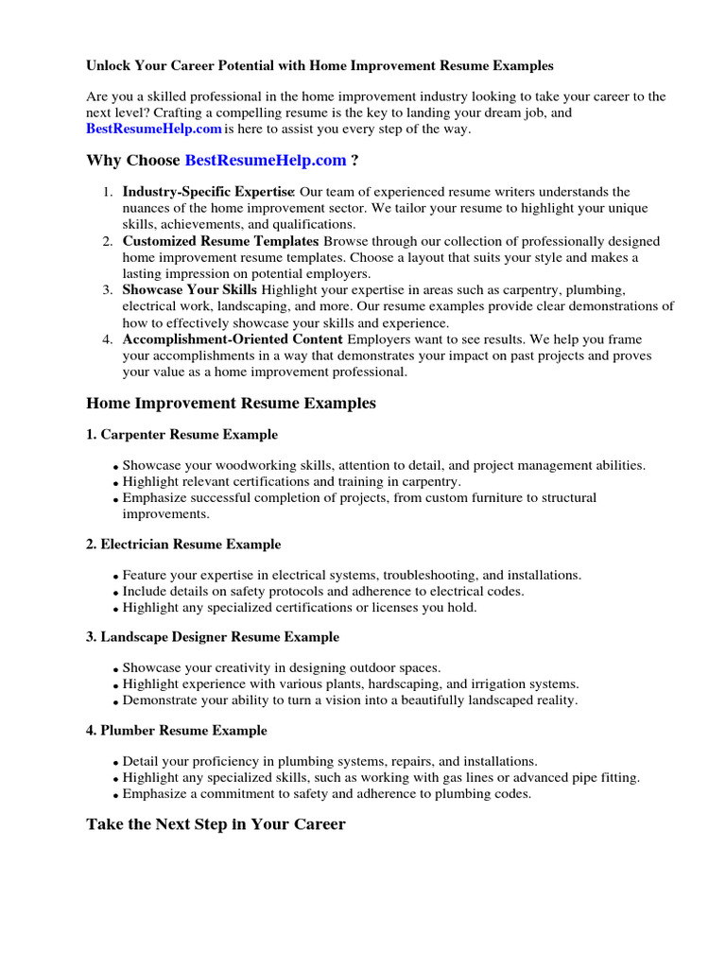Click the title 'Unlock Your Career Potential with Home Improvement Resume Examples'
[320, 66]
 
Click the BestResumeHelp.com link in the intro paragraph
[154, 129]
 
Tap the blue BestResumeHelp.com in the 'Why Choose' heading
[266, 161]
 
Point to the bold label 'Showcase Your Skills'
[189, 290]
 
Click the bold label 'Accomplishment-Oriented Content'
[233, 339]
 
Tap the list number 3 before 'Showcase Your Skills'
[108, 290]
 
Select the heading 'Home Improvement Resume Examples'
[231, 404]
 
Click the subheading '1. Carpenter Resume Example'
[181, 435]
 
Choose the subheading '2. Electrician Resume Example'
[183, 544]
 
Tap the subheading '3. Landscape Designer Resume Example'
[213, 637]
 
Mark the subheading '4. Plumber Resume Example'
[177, 730]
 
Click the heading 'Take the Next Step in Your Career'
[216, 824]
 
